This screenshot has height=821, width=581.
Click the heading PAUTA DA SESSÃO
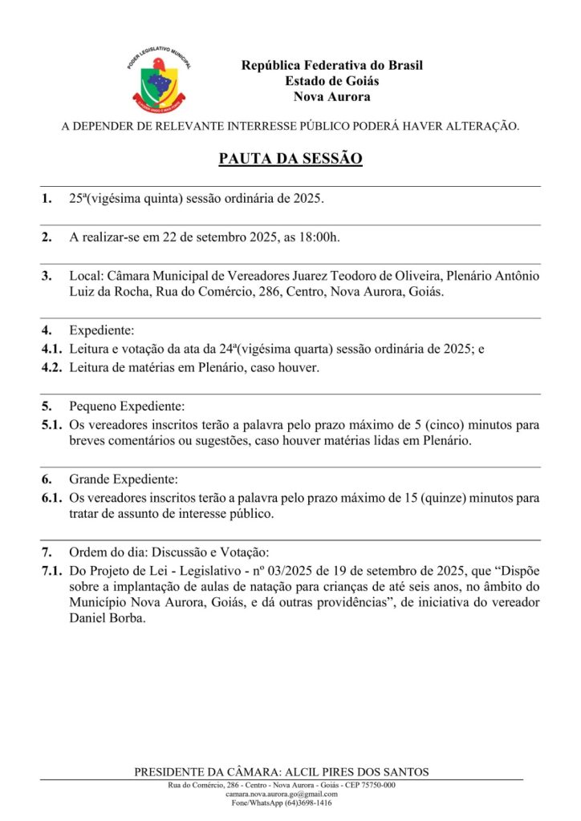[290, 158]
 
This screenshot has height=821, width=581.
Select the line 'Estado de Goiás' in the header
[331, 81]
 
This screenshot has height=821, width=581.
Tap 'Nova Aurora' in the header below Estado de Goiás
[331, 97]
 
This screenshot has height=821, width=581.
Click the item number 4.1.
[51, 349]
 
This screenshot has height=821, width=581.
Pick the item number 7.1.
[51, 571]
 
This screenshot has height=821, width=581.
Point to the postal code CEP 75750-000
[367, 785]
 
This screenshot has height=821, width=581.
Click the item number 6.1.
[51, 498]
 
